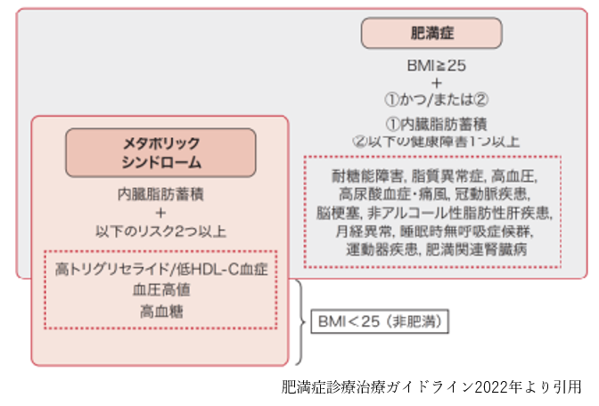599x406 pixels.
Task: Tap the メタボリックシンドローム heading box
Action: point(160,152)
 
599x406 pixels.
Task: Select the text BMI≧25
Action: point(436,66)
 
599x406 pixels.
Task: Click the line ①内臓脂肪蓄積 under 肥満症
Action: point(436,125)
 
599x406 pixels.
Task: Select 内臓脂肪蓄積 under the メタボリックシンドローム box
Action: point(160,193)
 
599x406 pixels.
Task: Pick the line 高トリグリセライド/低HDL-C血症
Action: point(161,268)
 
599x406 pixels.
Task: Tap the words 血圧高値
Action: point(161,289)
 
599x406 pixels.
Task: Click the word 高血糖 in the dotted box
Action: point(161,311)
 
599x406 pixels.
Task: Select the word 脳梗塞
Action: point(337,213)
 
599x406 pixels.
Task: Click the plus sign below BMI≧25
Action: point(436,83)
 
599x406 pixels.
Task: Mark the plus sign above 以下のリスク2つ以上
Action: point(160,213)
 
